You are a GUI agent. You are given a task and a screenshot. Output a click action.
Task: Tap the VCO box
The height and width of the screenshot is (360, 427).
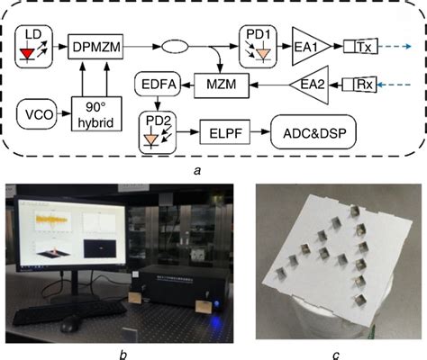(38, 115)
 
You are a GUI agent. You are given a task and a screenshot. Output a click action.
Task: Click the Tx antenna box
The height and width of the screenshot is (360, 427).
(365, 42)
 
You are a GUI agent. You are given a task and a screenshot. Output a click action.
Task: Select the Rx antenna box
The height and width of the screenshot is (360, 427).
(364, 85)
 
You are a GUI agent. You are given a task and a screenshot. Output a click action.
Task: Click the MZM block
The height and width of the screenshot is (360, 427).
(218, 86)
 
